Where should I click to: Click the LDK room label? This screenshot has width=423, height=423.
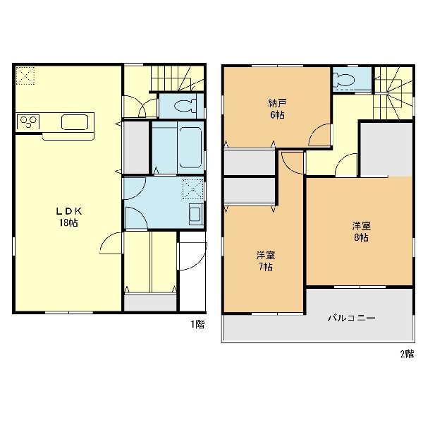click(68, 211)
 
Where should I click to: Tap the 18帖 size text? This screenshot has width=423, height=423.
click(68, 222)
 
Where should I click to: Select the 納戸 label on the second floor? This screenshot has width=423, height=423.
click(277, 103)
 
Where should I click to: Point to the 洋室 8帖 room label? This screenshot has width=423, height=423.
click(361, 232)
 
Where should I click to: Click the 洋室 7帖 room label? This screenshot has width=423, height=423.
click(266, 261)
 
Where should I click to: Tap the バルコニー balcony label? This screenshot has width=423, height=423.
click(351, 318)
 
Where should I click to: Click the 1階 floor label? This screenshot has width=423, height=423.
click(197, 324)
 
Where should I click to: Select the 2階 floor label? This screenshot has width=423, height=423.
click(407, 354)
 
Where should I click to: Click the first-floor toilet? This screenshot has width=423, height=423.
click(185, 106)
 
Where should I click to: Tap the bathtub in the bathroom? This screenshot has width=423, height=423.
click(190, 148)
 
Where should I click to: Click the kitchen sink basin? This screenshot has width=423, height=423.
click(75, 122)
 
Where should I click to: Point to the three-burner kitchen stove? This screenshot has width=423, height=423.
click(28, 122)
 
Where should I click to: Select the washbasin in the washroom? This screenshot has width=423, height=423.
click(196, 215)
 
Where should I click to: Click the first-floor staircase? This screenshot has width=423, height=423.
click(177, 78)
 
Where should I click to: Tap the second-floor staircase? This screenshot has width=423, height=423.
click(393, 93)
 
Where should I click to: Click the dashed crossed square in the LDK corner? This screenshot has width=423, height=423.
click(25, 76)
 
